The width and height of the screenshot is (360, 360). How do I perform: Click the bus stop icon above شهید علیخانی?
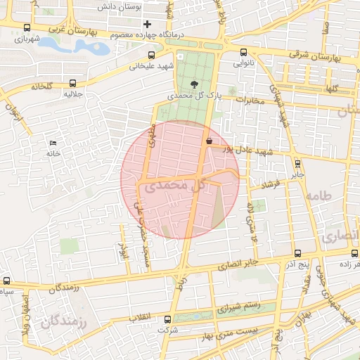[151, 55]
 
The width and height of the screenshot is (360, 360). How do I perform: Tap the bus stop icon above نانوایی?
[243, 51]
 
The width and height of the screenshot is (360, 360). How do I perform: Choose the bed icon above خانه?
[53, 143]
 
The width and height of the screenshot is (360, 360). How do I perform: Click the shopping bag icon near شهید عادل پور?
[209, 141]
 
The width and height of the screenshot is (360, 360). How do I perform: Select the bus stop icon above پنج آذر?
[297, 252]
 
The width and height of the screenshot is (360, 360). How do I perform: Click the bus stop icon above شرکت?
[166, 319]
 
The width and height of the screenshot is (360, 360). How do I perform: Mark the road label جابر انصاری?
[239, 264]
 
